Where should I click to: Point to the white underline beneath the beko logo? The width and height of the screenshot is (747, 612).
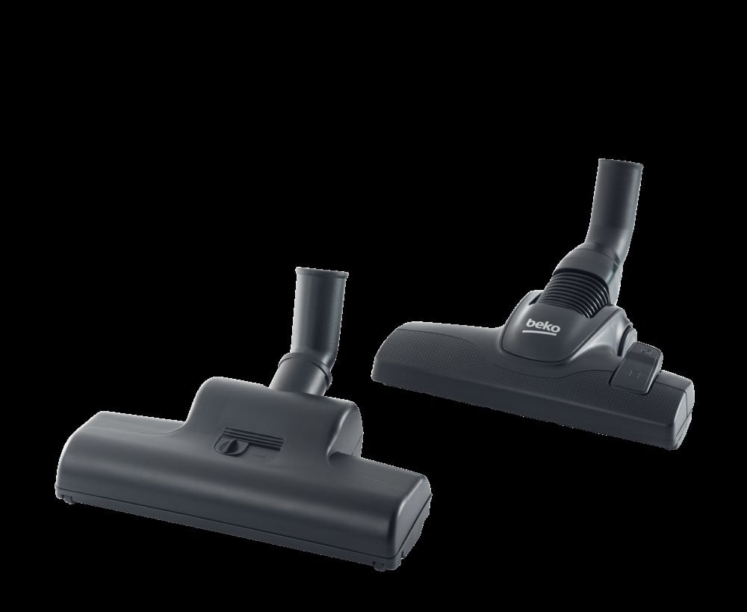(543, 334)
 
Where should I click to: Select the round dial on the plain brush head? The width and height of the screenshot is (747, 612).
(227, 445)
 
